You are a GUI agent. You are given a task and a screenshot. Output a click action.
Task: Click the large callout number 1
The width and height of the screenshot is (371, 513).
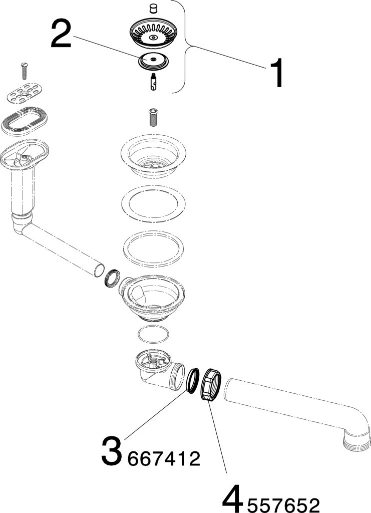click(276, 73)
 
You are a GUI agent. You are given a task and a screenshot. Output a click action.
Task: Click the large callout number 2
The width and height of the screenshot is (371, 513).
click(61, 33)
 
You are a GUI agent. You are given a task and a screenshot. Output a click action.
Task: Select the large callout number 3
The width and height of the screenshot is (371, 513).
click(112, 451)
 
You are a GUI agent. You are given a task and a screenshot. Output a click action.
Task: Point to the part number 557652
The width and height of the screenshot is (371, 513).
click(283, 505)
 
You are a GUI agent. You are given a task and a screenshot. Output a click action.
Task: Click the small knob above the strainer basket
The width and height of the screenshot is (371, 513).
click(152, 8)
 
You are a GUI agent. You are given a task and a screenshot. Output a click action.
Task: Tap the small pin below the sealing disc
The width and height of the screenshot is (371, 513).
click(153, 82)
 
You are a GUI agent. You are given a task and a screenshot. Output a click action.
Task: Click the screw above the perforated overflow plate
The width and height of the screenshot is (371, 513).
click(23, 70)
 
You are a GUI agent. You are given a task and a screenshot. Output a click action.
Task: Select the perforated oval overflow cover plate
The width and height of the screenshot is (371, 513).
click(25, 93)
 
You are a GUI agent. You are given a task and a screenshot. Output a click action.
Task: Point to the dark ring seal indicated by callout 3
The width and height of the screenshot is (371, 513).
click(193, 381)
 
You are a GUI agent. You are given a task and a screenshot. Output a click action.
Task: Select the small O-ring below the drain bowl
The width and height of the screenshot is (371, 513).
click(154, 335)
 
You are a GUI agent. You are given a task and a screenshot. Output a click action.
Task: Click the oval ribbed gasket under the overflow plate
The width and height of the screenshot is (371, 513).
click(25, 121)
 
